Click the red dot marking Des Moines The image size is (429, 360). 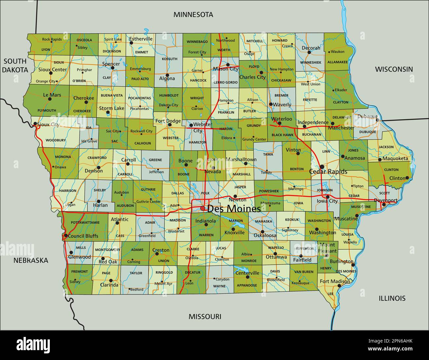click(203, 208)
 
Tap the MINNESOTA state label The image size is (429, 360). click(193, 15)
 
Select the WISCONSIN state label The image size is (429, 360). click(394, 69)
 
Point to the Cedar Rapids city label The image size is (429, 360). click(328, 172)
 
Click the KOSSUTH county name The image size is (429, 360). click(170, 59)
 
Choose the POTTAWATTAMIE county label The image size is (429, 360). click(85, 223)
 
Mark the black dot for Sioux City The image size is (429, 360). click(35, 124)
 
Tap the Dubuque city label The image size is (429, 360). click(368, 116)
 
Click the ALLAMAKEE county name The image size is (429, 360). click(337, 62)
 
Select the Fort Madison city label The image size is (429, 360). click(335, 281)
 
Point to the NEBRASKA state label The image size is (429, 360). click(31, 260)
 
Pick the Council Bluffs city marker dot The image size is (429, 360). click(66, 236)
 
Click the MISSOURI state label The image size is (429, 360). click(205, 317)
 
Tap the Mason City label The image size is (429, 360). click(226, 69)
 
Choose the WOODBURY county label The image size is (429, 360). click(56, 140)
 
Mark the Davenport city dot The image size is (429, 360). click(383, 205)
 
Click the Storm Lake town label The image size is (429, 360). click(112, 108)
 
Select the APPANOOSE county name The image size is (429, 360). click(247, 285)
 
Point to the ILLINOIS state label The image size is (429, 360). click(392, 298)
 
